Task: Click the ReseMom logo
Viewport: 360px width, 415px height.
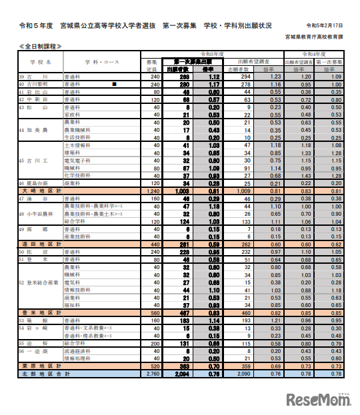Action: pos(319,399)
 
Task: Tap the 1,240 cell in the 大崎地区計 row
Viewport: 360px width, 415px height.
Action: pos(152,190)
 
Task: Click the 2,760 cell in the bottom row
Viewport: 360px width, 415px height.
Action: pos(152,374)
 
